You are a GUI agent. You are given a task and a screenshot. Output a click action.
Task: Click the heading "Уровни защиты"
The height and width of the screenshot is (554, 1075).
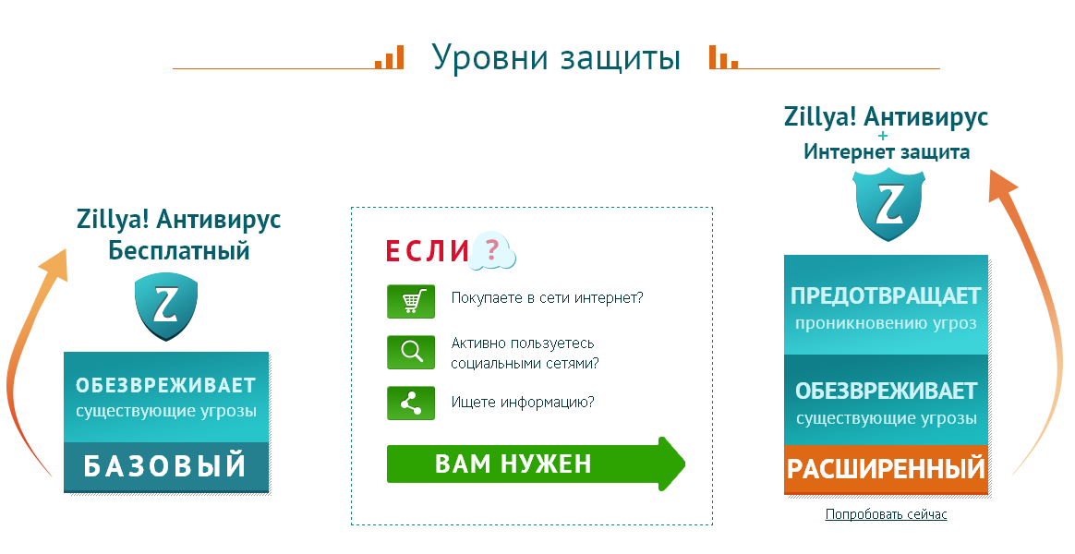(556, 58)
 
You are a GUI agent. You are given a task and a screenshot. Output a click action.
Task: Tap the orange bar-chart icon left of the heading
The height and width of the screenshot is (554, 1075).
(390, 57)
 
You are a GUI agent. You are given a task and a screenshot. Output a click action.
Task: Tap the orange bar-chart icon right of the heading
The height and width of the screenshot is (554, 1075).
(723, 57)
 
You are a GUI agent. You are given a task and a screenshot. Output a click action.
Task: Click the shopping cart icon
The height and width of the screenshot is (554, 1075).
(411, 302)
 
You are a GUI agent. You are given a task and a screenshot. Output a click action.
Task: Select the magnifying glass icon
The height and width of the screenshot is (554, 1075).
(411, 353)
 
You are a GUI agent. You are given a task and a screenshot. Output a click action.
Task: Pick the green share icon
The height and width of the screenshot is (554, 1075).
(411, 403)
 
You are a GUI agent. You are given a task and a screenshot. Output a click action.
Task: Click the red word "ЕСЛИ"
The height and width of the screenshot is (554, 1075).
(427, 252)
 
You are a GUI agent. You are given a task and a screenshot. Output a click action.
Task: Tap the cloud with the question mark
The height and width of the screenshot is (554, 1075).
(493, 250)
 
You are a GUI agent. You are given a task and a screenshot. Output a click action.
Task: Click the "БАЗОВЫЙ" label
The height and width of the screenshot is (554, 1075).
(165, 466)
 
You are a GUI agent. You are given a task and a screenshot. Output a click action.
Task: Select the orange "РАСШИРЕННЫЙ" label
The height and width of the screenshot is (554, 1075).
(886, 469)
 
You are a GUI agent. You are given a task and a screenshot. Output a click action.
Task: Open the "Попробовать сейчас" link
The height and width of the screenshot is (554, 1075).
(886, 514)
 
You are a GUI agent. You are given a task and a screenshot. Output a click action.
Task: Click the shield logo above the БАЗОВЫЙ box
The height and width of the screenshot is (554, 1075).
(166, 307)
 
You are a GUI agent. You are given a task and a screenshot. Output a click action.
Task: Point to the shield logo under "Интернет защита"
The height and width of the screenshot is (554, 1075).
(888, 205)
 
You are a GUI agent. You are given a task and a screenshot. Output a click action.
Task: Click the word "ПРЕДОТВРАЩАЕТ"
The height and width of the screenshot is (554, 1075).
(886, 296)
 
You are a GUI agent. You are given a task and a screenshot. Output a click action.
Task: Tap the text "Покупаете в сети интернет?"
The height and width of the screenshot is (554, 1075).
(547, 298)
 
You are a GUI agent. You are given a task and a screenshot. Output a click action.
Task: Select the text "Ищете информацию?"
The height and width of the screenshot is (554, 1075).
(523, 403)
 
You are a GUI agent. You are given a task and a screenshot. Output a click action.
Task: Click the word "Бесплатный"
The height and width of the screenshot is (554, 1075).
(179, 251)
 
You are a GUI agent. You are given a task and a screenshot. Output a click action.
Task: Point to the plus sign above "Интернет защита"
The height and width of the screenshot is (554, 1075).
(882, 136)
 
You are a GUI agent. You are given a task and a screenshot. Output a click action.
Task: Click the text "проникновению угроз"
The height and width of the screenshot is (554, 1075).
(886, 323)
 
